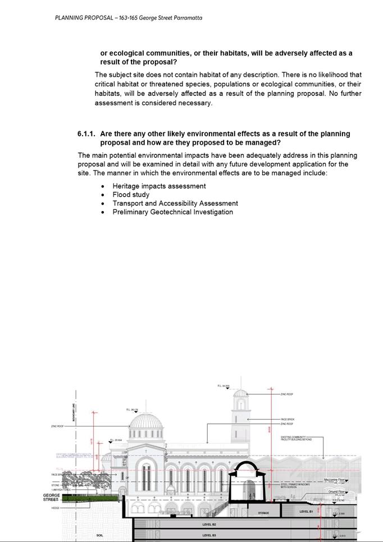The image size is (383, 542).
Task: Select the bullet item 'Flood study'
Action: click(131, 195)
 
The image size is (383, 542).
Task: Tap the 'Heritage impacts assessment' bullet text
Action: click(159, 186)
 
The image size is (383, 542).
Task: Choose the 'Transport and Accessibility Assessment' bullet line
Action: click(175, 204)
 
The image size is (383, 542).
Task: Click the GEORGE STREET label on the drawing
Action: click(51, 498)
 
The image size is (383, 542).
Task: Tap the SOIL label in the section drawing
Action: click(100, 536)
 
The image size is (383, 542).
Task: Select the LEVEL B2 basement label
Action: click(209, 525)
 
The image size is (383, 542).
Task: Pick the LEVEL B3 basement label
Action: click(209, 536)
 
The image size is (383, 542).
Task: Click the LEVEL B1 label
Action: click(306, 512)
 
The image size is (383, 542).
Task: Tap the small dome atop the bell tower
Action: click(240, 393)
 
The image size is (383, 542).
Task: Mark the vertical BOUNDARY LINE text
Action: click(74, 413)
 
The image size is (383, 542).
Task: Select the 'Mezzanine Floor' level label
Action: click(335, 480)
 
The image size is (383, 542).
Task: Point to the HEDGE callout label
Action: click(55, 508)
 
